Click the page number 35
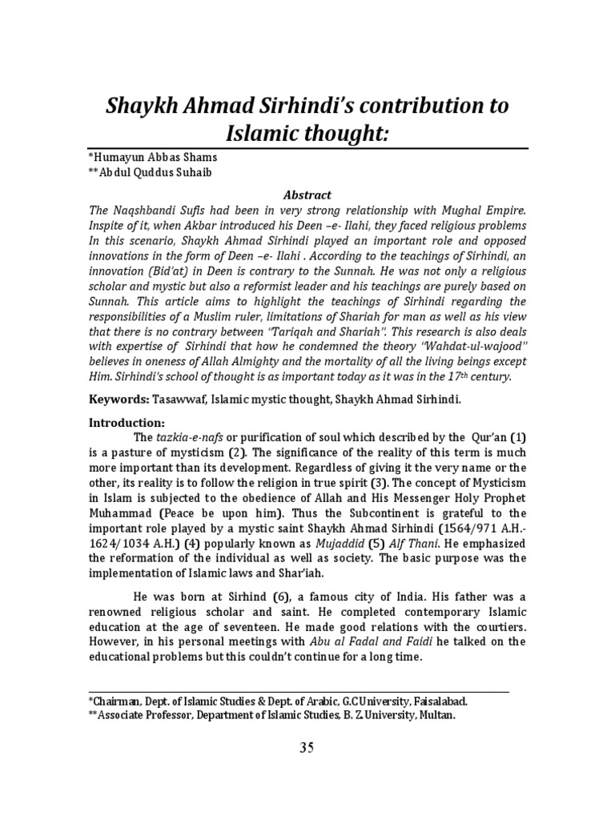tap(307, 748)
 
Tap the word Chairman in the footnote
tap(119, 701)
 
